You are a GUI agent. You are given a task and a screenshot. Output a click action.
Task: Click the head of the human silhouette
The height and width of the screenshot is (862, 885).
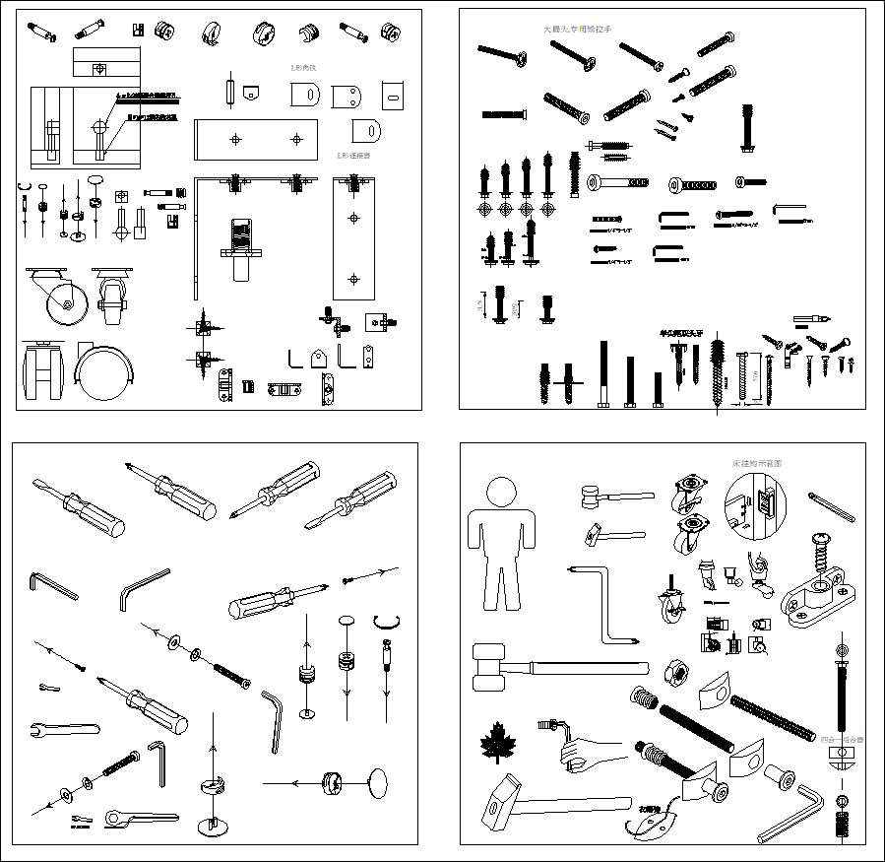(501, 494)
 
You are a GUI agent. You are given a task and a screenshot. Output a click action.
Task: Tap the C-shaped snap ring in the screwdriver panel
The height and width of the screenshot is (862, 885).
(389, 621)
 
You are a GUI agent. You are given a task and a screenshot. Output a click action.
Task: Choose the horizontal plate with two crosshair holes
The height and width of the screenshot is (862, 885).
(257, 139)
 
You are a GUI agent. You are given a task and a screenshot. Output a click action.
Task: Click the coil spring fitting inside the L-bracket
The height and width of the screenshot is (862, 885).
(241, 239)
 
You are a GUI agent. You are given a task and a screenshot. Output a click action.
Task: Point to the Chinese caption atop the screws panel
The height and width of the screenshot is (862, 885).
(577, 31)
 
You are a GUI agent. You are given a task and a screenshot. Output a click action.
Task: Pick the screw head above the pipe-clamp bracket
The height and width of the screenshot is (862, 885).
(819, 540)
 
